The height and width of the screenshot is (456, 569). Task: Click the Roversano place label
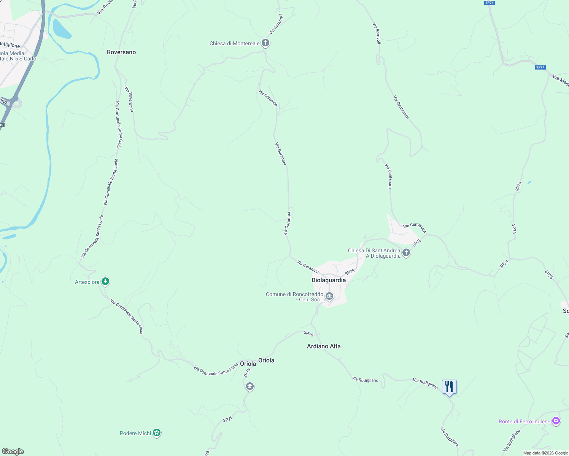(121, 52)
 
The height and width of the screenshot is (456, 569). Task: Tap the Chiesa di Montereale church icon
(265, 43)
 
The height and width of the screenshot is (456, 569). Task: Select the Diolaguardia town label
(329, 280)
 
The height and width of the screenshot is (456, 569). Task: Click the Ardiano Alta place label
(324, 346)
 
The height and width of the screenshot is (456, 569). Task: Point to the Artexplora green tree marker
(106, 282)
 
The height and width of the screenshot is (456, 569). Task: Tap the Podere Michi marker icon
(157, 433)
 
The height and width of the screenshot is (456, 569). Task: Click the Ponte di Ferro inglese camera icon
(556, 421)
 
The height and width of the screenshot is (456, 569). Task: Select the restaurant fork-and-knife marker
(449, 387)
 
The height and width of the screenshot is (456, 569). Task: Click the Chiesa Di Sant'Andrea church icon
(406, 252)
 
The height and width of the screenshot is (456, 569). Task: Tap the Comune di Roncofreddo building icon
(329, 296)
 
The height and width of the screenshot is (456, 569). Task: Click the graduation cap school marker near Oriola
(250, 386)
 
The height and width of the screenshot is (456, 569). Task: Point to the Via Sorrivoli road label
(377, 33)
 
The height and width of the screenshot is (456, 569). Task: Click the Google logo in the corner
(13, 451)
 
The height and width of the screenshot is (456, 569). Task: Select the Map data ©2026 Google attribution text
(545, 453)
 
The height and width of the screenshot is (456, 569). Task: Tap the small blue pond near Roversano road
(61, 29)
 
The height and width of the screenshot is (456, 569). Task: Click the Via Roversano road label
(130, 99)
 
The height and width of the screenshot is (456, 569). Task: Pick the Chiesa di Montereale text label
(234, 43)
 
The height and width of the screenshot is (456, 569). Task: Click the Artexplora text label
(87, 282)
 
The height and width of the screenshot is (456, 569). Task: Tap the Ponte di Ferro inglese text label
(524, 421)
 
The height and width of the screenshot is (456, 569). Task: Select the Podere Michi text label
(135, 433)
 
